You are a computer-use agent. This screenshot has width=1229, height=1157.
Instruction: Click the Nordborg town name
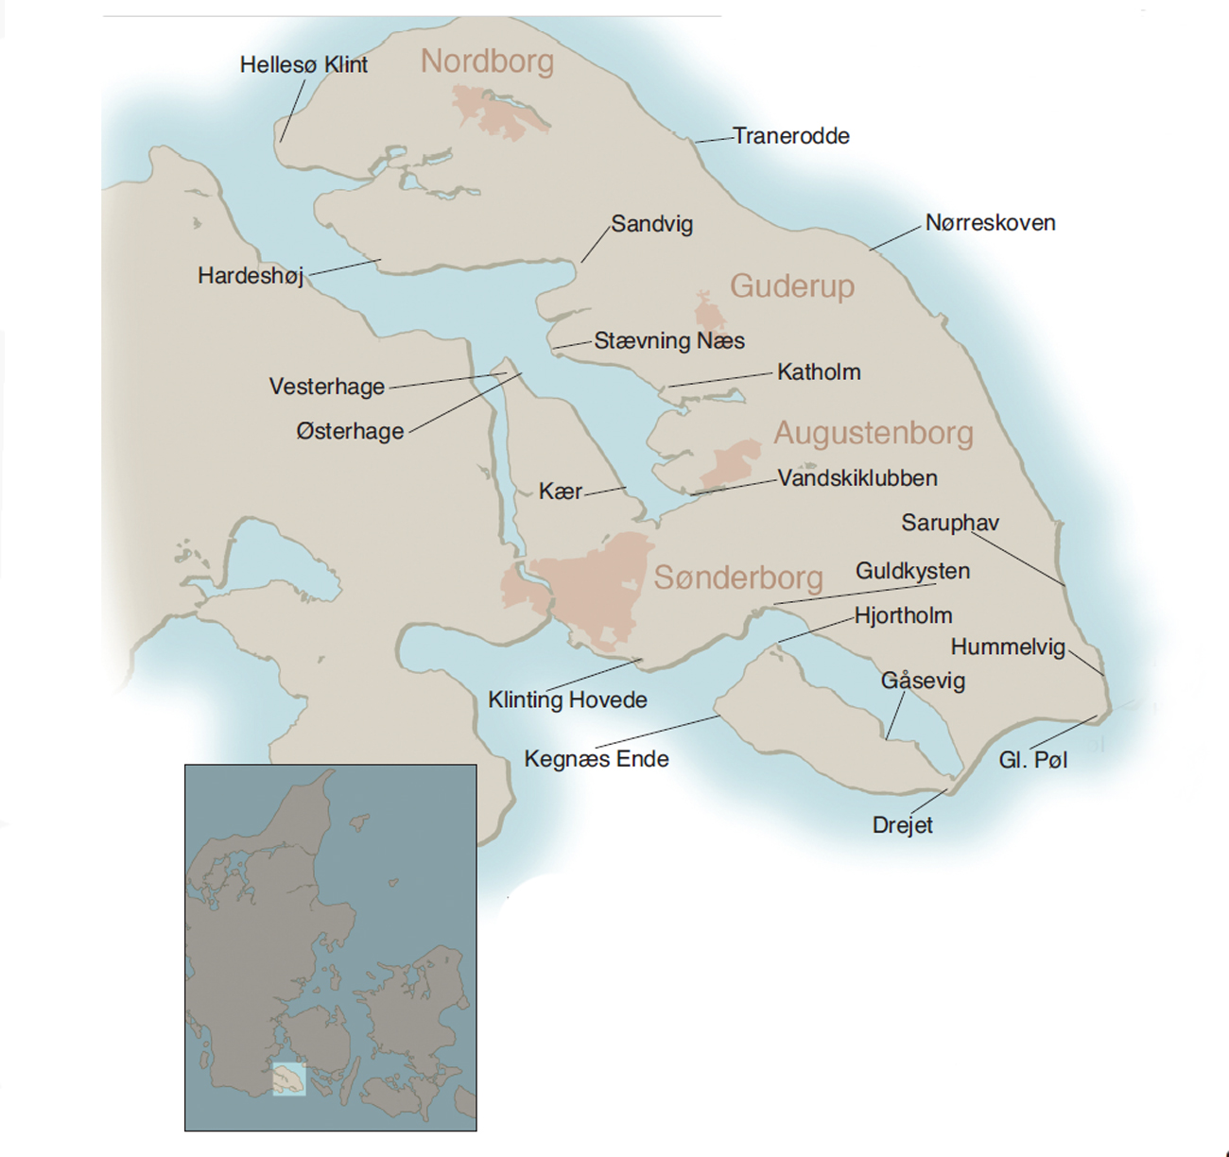[487, 61]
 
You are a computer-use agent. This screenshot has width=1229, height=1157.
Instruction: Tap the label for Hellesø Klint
[303, 65]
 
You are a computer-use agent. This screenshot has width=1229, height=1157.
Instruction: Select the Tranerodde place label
[791, 136]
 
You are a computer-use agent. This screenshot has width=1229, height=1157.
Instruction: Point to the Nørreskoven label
[990, 223]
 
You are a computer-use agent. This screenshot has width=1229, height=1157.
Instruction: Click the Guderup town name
[792, 285]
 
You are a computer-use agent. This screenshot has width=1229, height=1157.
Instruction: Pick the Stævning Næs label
[669, 341]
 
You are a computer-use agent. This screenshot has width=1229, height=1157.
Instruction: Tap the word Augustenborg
[874, 433]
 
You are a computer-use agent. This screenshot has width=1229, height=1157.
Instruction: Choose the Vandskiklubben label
[857, 478]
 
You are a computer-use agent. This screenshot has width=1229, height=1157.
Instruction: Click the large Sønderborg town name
[738, 578]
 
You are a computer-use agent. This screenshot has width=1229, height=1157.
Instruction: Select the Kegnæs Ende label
[597, 759]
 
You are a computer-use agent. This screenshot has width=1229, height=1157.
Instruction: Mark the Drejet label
[902, 825]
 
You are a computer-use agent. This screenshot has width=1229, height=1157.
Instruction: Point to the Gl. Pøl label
[1032, 761]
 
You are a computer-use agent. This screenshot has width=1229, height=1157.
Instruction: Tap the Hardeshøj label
[251, 276]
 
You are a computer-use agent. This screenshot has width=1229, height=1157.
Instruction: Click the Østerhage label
[350, 432]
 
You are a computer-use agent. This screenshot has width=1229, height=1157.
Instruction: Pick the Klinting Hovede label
[567, 700]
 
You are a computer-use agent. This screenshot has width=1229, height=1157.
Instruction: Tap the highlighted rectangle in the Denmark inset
[289, 1079]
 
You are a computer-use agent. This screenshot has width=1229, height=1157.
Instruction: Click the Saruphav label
[950, 524]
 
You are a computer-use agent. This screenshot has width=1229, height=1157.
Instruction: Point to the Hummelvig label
[1008, 648]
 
